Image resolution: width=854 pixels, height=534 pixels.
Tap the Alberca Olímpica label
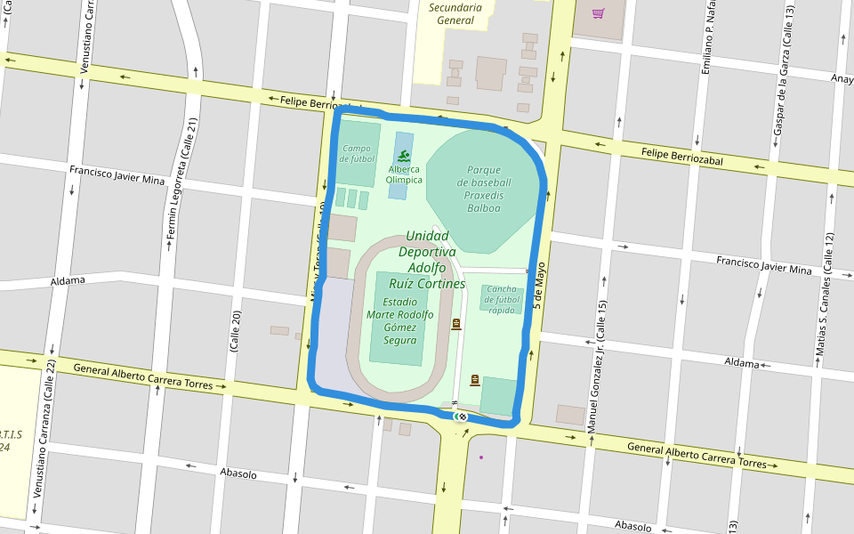tap(404, 174)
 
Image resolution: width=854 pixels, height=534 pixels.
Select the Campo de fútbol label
tap(357, 154)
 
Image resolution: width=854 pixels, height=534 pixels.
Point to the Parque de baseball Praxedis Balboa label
tap(484, 189)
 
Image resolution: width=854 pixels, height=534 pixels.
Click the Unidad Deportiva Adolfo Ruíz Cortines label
tap(427, 260)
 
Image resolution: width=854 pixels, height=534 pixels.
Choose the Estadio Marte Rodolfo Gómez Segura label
tap(400, 320)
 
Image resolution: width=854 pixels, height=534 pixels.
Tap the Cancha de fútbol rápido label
tap(502, 299)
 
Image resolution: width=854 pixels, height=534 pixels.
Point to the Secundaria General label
tap(455, 13)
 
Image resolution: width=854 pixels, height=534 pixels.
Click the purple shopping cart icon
tap(598, 13)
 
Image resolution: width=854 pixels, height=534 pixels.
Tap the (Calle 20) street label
tap(236, 332)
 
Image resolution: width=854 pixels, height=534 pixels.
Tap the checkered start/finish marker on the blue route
tap(462, 416)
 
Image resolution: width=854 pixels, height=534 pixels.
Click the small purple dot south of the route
tap(481, 457)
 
